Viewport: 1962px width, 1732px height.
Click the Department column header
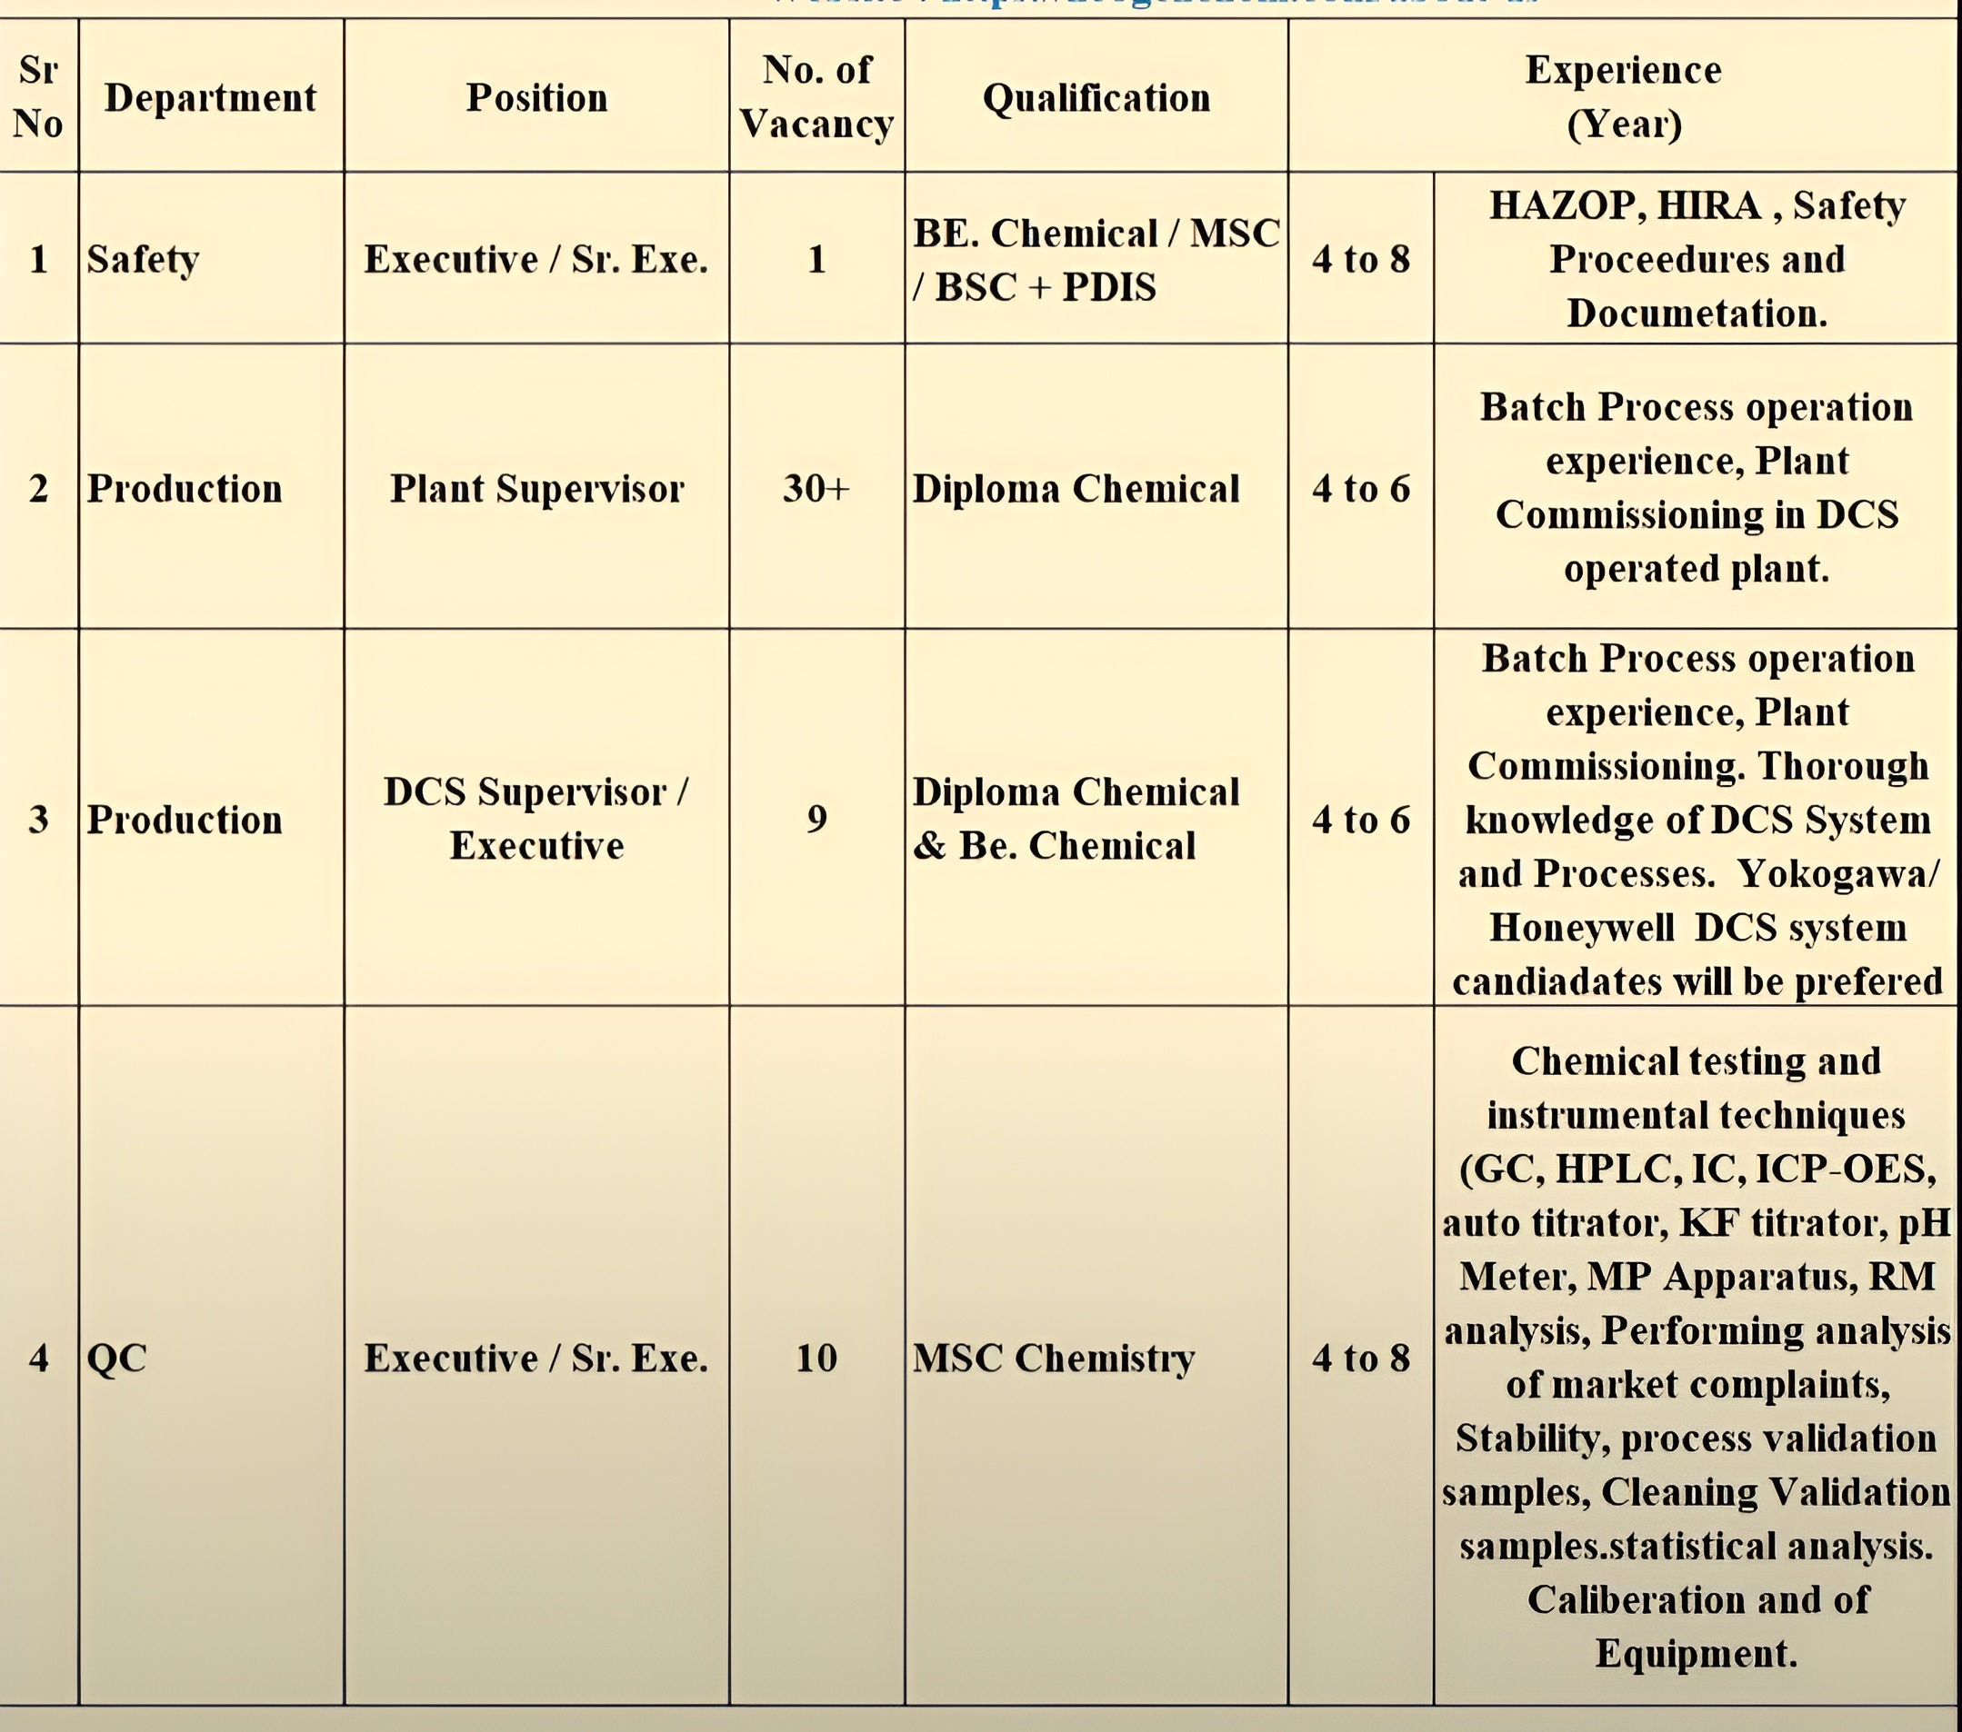tap(210, 98)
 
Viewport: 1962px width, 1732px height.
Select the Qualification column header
tap(1096, 98)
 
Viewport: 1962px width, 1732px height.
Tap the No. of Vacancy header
tap(816, 97)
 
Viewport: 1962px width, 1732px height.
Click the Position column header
tap(536, 98)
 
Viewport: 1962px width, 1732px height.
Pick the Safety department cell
tap(143, 259)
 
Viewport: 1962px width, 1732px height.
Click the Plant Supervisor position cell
tap(536, 488)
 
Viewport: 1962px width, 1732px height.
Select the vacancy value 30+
tap(816, 488)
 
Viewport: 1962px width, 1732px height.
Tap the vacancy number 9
tap(816, 819)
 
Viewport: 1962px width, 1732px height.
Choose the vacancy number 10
tap(816, 1358)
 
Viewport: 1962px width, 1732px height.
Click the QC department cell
tap(117, 1358)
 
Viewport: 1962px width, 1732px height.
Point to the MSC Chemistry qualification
tap(1053, 1358)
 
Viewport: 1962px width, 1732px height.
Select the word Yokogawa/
tap(1838, 873)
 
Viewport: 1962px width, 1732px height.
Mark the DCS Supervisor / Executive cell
tap(536, 819)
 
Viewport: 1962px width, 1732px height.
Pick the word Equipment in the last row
tap(1697, 1653)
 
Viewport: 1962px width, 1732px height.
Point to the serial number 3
tap(38, 819)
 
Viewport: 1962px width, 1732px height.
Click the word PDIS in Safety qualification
tap(1108, 287)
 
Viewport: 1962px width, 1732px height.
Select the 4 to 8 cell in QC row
tap(1361, 1358)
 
